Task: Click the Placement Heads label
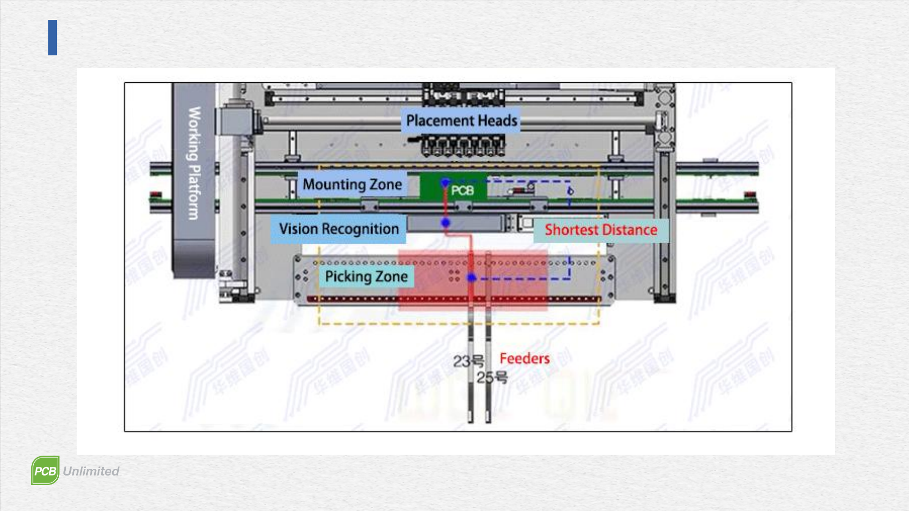[x=462, y=121]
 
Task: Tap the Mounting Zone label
[x=352, y=184]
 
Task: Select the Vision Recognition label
[x=339, y=229]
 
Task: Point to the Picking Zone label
[x=366, y=276]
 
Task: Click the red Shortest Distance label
[x=601, y=230]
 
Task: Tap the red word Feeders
[x=525, y=359]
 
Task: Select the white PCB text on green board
[x=462, y=191]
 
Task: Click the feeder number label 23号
[x=468, y=361]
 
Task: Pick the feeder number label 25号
[x=492, y=378]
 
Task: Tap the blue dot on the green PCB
[x=445, y=182]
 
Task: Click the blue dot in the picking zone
[x=472, y=277]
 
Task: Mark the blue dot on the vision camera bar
[x=446, y=222]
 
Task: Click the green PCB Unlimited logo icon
[x=45, y=470]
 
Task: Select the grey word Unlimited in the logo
[x=91, y=471]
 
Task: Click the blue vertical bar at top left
[x=53, y=37]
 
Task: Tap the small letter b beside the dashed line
[x=570, y=191]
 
